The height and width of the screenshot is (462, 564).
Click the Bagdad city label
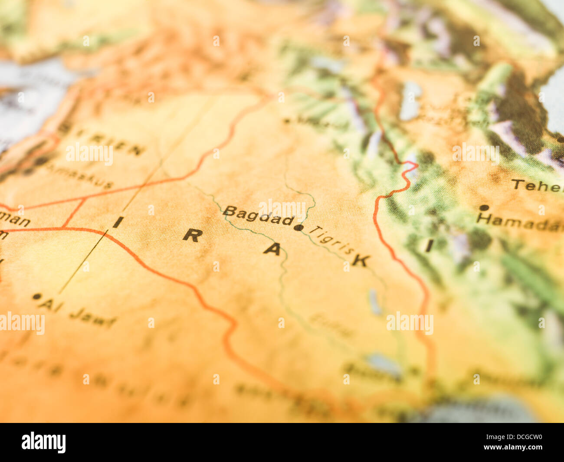tap(258, 216)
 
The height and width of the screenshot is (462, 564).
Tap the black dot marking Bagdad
tap(299, 227)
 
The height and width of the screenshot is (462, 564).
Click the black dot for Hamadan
tap(484, 208)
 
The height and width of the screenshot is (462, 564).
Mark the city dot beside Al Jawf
tap(36, 297)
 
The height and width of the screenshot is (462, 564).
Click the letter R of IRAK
tap(193, 236)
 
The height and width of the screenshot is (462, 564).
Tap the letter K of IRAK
tap(361, 260)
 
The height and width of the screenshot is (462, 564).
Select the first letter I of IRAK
tap(118, 222)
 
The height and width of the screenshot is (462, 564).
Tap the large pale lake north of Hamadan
tap(410, 101)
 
